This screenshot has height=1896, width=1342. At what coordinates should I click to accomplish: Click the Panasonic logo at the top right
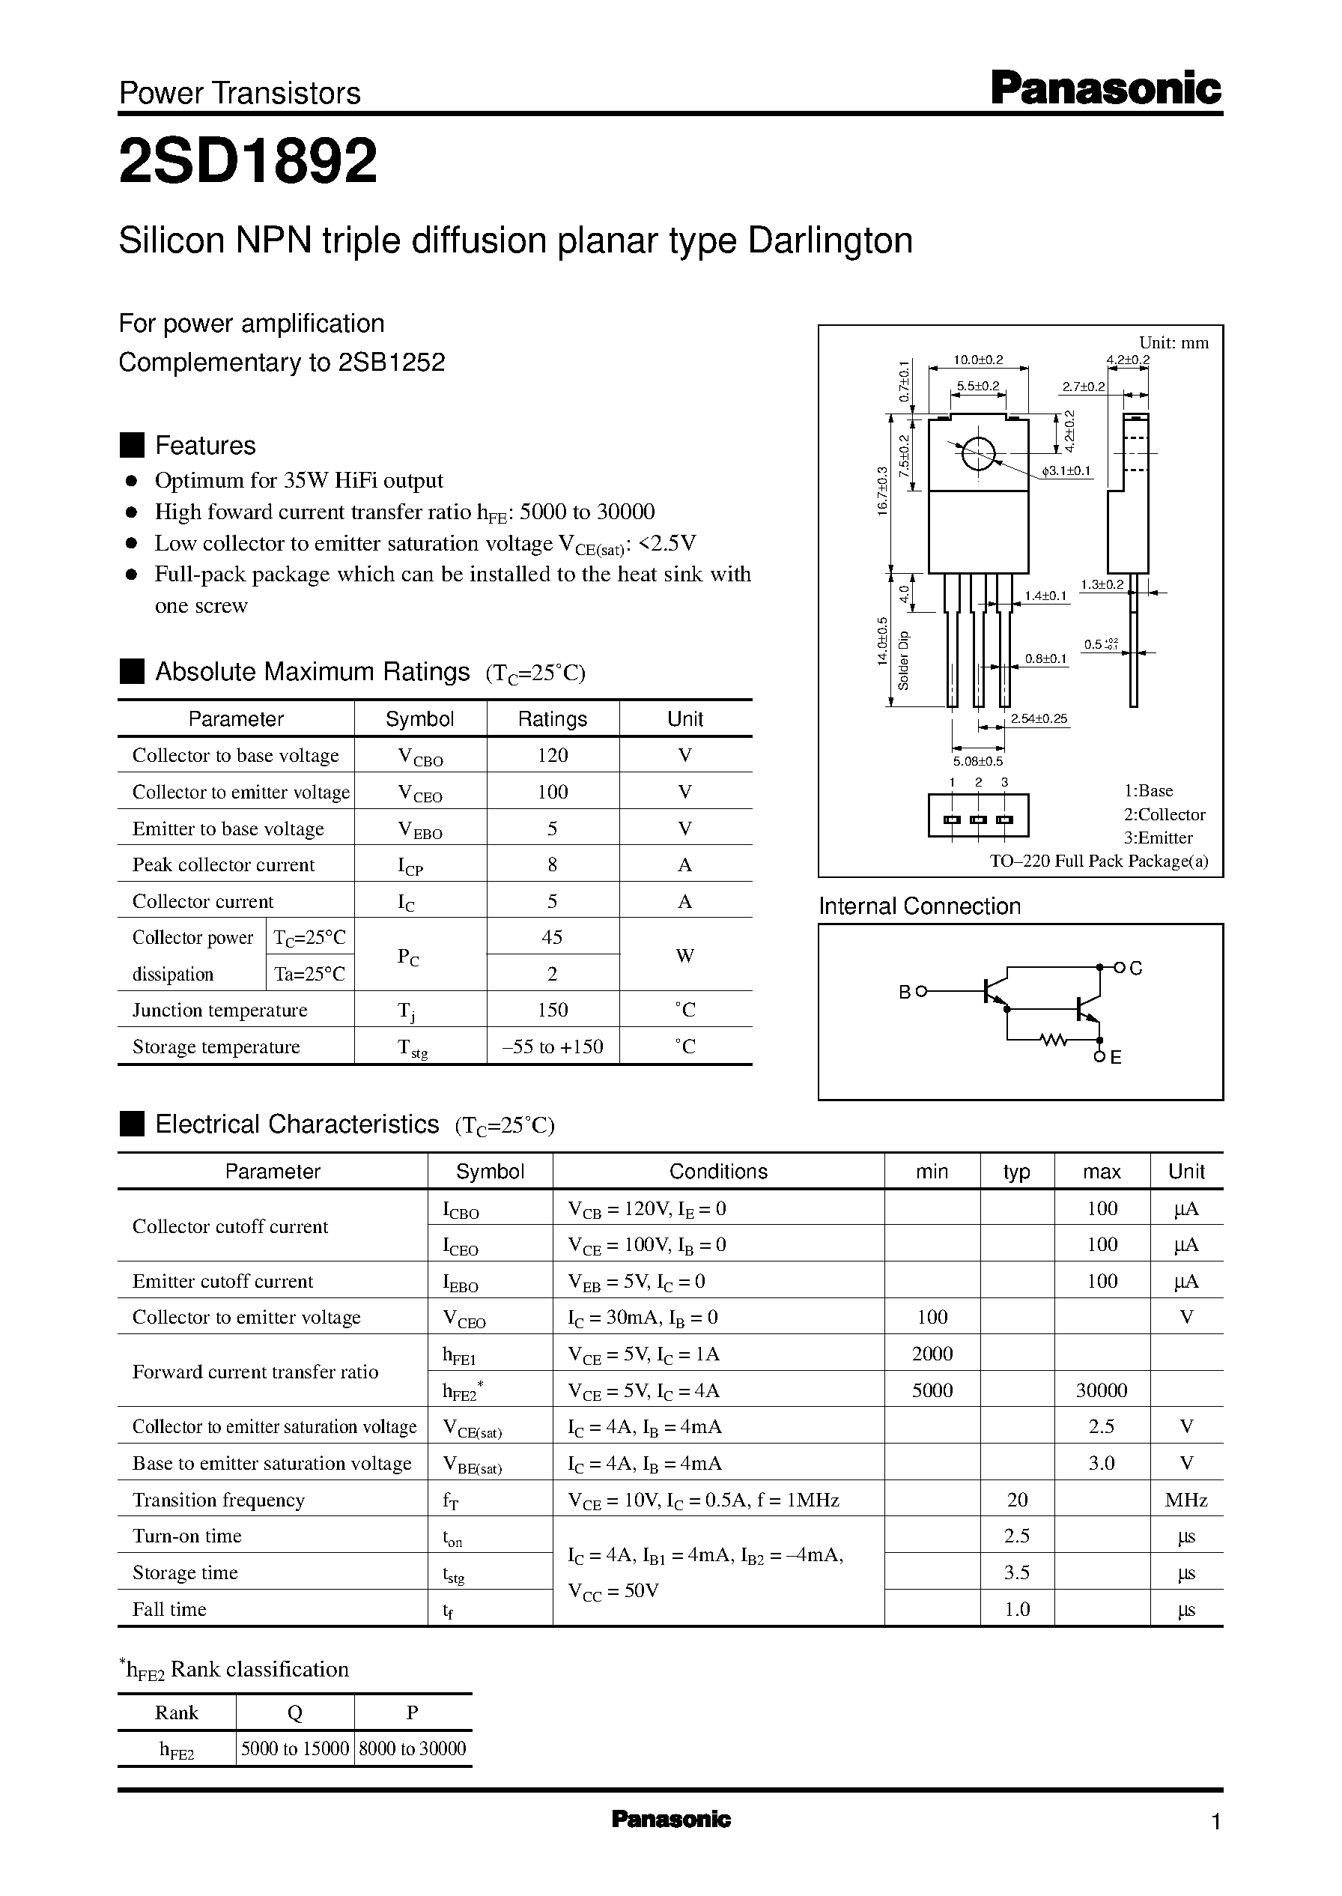click(x=1105, y=88)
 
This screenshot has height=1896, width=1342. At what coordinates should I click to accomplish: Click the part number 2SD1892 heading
click(x=248, y=161)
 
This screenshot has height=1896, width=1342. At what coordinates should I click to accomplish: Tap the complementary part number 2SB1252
click(x=391, y=362)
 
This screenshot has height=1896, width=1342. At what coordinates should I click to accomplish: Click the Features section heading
click(x=205, y=445)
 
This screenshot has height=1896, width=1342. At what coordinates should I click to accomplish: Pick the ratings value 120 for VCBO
click(x=552, y=754)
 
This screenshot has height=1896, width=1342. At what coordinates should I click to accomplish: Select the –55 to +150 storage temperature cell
click(x=552, y=1047)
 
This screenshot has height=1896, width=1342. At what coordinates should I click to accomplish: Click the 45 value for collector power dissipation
click(x=552, y=936)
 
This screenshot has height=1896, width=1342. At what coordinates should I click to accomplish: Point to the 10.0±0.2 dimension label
click(x=977, y=360)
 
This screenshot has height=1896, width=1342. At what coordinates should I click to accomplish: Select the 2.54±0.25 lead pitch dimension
click(x=1039, y=718)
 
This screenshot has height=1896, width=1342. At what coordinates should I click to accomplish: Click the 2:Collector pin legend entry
click(x=1164, y=814)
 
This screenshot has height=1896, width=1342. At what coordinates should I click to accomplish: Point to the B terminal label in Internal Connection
click(x=904, y=992)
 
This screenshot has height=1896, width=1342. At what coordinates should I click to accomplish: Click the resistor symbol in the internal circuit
click(x=1054, y=1041)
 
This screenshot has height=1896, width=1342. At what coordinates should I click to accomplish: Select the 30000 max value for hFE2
click(x=1101, y=1390)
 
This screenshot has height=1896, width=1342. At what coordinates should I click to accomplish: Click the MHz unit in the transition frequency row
click(x=1185, y=1499)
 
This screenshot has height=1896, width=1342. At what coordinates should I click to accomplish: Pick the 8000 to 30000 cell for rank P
click(x=413, y=1748)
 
